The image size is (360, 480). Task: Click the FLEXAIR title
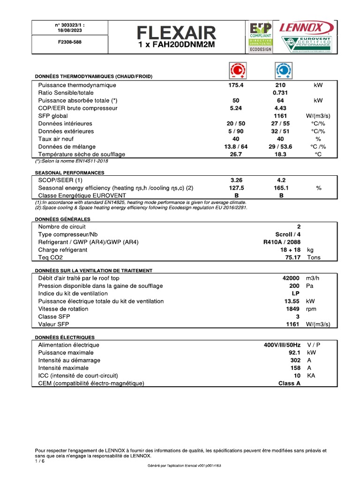(177, 32)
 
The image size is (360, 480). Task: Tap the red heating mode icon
(238, 70)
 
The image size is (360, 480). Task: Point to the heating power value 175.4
(236, 85)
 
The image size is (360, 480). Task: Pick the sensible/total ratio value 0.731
(280, 93)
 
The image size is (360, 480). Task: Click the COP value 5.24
(236, 108)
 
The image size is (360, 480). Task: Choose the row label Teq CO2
(50, 257)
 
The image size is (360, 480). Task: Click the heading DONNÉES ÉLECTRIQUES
(65, 337)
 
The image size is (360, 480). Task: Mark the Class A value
(289, 383)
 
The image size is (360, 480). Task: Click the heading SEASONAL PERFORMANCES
(69, 172)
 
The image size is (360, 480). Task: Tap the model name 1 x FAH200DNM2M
(177, 45)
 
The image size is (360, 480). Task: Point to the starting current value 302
(295, 360)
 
